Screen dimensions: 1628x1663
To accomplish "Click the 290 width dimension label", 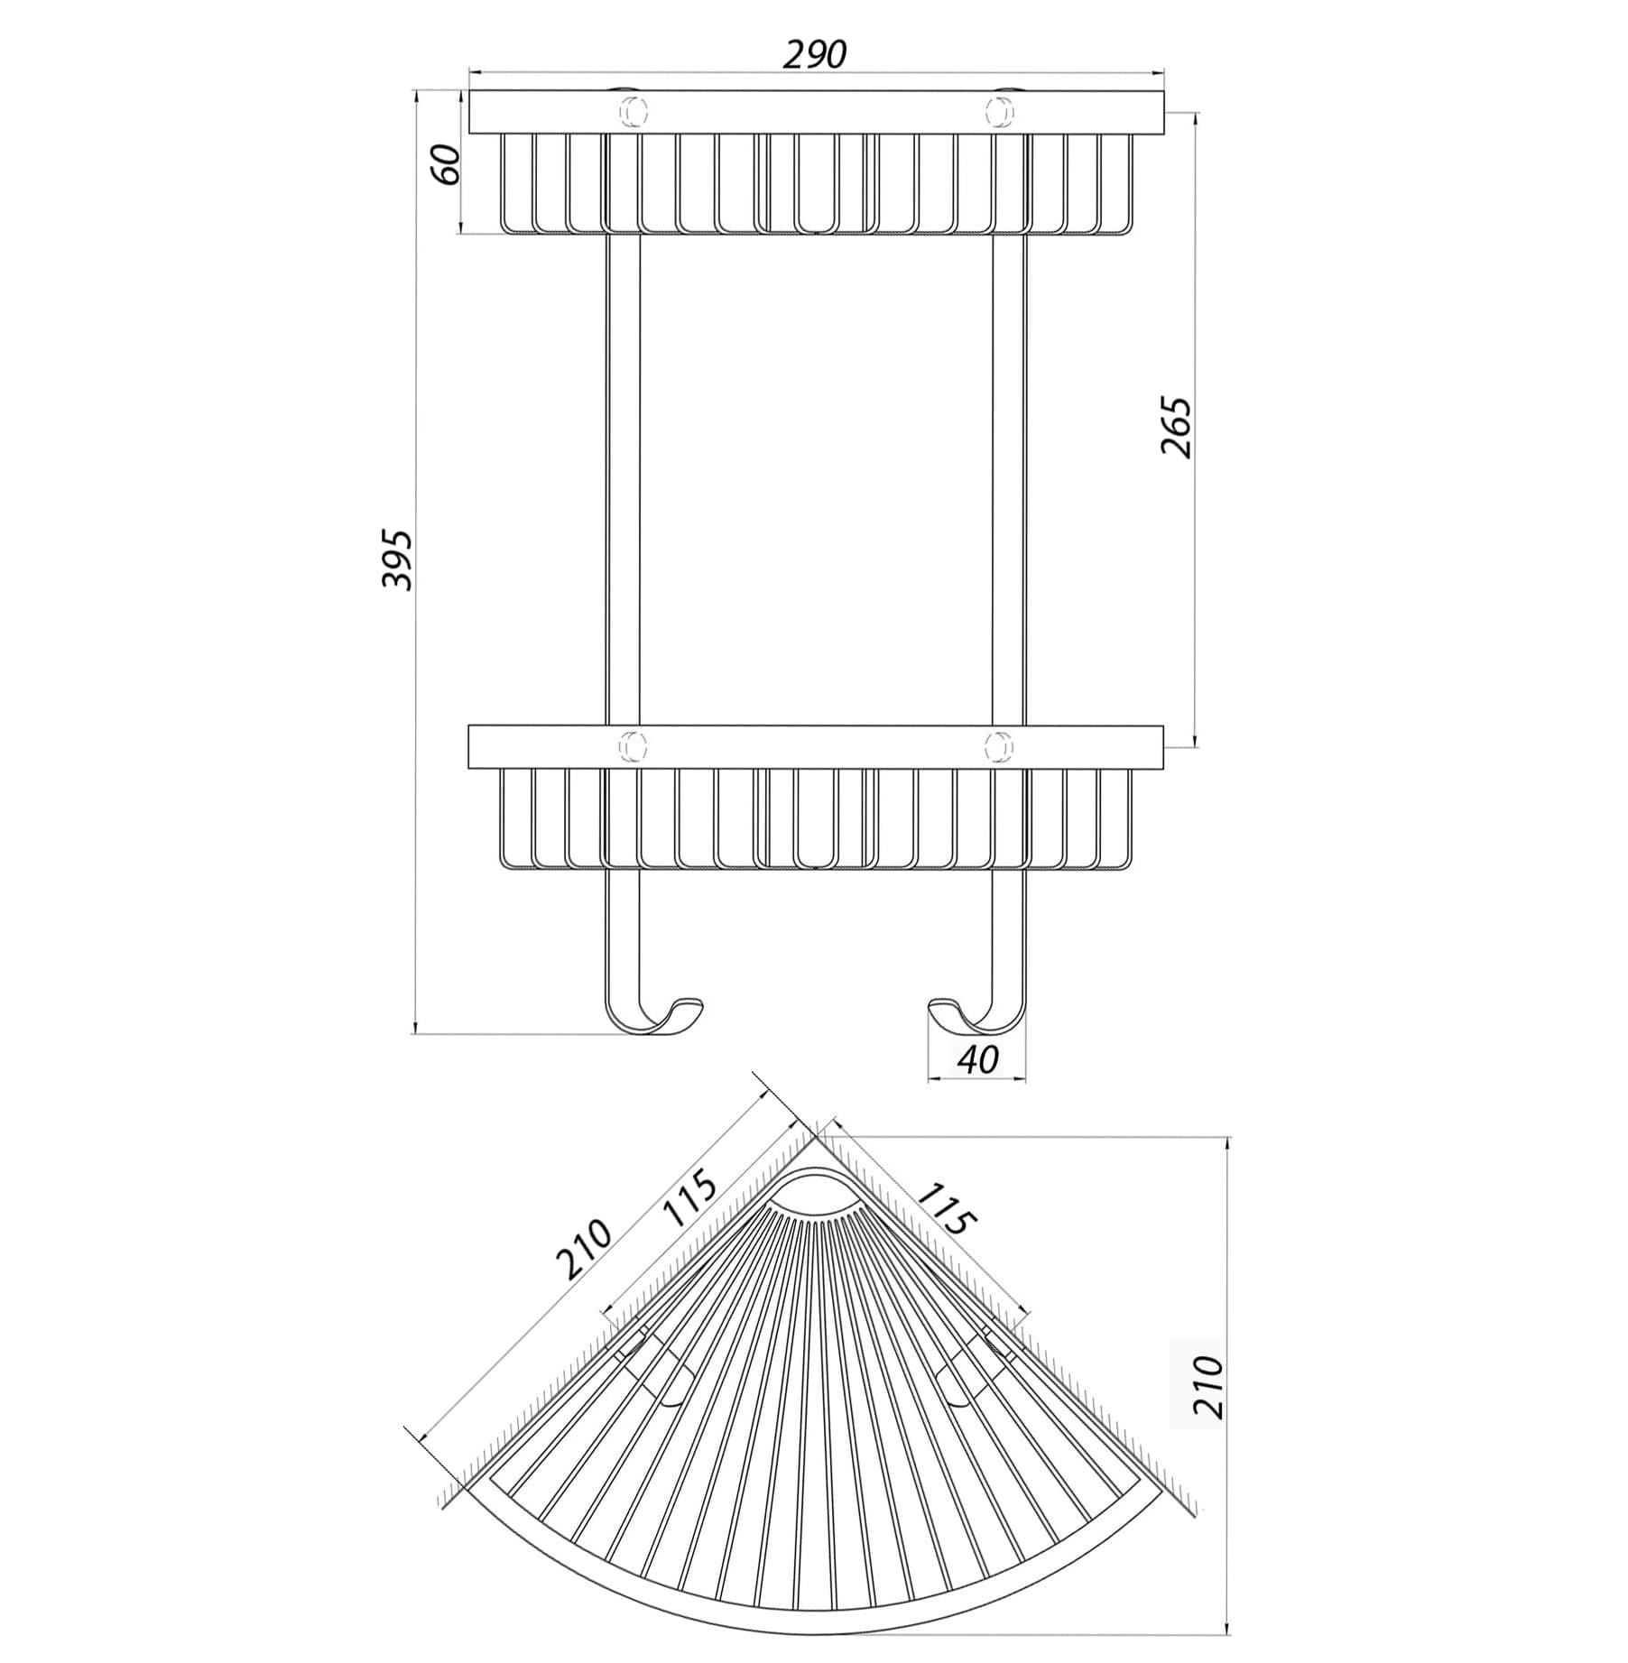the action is [x=814, y=55].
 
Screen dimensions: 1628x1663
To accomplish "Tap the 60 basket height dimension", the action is [x=449, y=163].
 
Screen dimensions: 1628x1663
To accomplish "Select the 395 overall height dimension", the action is [x=396, y=560].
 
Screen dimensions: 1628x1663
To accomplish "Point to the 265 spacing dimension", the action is [x=1175, y=426].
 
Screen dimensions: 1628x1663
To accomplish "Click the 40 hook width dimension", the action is [x=977, y=1059].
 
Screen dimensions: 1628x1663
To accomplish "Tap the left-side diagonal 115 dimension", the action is [x=688, y=1198].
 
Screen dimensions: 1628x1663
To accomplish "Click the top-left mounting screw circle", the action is [x=632, y=111].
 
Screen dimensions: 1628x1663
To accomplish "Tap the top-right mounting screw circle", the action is [x=998, y=111].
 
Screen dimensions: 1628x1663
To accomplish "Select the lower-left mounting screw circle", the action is [x=632, y=745].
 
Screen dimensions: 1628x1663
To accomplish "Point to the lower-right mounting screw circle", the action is [x=998, y=745].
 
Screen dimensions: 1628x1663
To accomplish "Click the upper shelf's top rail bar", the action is [x=817, y=112].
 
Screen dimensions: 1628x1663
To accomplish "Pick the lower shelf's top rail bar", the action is [x=817, y=746].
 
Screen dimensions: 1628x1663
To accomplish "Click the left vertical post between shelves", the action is [x=622, y=479].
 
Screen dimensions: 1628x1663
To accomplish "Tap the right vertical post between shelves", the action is [x=1009, y=479].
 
